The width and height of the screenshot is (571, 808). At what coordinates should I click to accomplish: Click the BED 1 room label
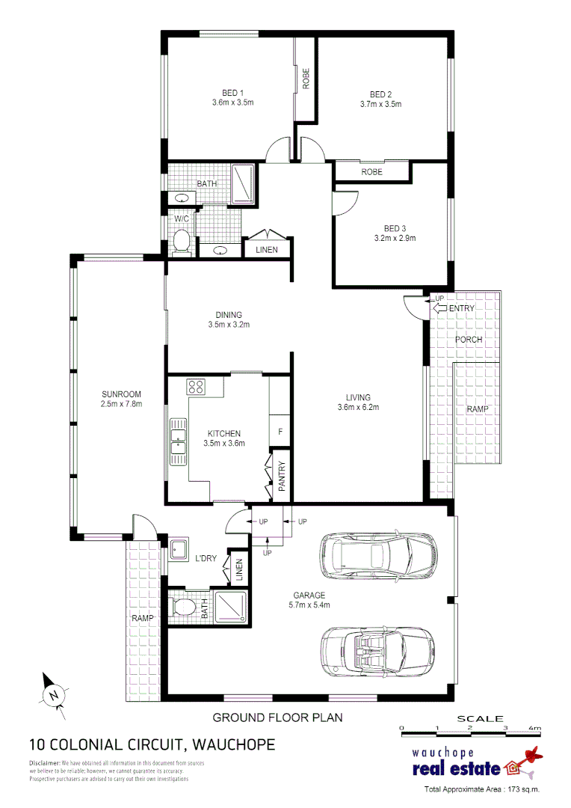[x=233, y=93]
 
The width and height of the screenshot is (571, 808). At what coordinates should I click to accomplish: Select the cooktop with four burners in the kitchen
[x=196, y=387]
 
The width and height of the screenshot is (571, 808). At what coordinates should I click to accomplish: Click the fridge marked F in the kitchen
[x=280, y=431]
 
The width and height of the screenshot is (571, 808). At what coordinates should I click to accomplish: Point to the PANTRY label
[x=282, y=476]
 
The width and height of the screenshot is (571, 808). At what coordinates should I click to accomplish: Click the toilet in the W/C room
[x=180, y=241]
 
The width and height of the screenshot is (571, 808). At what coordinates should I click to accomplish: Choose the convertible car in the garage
[x=377, y=648]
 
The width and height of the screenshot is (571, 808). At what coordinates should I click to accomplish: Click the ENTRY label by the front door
[x=461, y=308]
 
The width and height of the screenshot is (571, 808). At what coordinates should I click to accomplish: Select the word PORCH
[x=469, y=339]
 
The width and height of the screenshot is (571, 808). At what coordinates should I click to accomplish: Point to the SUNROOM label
[x=122, y=394]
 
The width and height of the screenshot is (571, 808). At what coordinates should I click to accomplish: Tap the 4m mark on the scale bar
[x=534, y=727]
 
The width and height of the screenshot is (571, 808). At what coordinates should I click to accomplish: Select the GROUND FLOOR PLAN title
[x=277, y=717]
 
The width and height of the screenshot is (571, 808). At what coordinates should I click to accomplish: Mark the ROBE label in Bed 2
[x=371, y=172]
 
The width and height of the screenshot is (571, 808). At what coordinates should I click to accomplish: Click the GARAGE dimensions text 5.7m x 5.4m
[x=309, y=605]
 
